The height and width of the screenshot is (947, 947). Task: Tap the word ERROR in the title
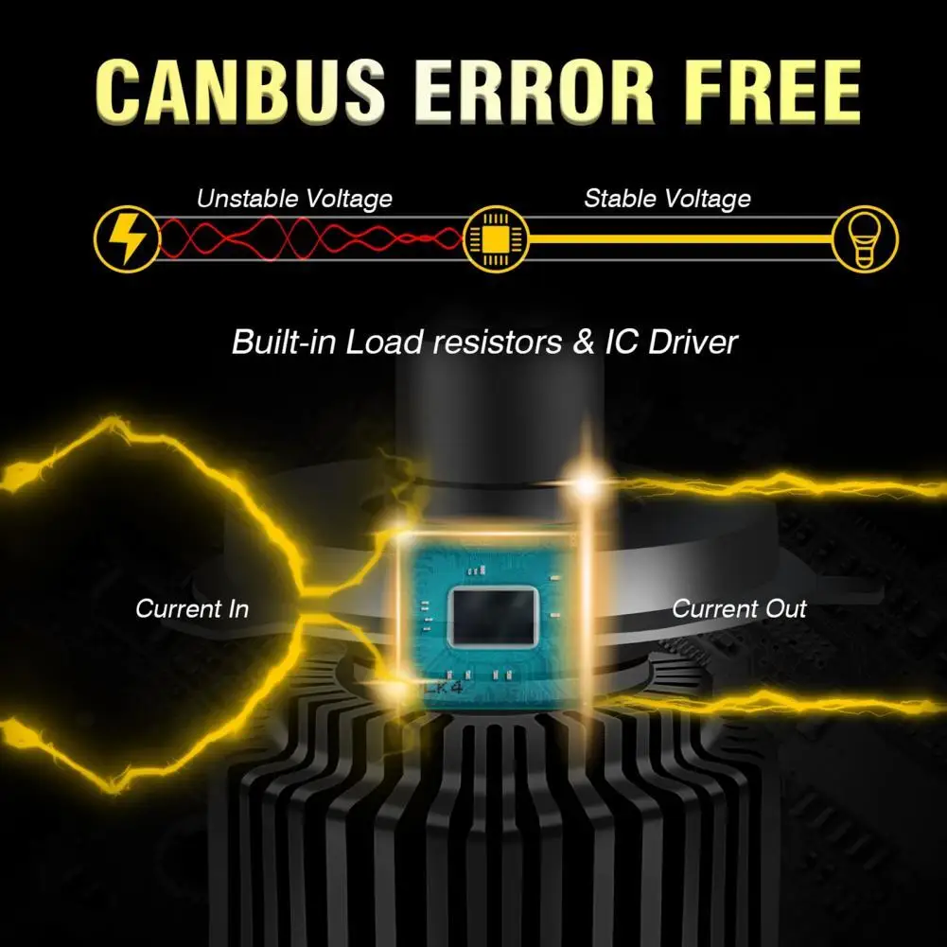(534, 92)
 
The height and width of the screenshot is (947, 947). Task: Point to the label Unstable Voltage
(294, 199)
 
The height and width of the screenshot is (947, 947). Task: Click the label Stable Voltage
(667, 199)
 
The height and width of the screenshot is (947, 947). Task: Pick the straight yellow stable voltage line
(681, 238)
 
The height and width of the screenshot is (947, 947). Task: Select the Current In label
(192, 608)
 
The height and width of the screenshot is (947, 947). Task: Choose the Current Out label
(739, 608)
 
